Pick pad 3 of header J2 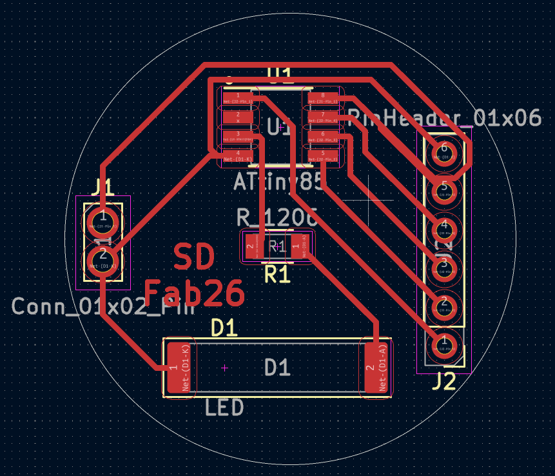[443, 265]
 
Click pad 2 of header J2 [443, 303]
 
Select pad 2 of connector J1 [102, 261]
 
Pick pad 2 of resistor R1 [251, 246]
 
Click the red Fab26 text [194, 293]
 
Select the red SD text [194, 258]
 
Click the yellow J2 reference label [443, 382]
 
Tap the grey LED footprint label [224, 408]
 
